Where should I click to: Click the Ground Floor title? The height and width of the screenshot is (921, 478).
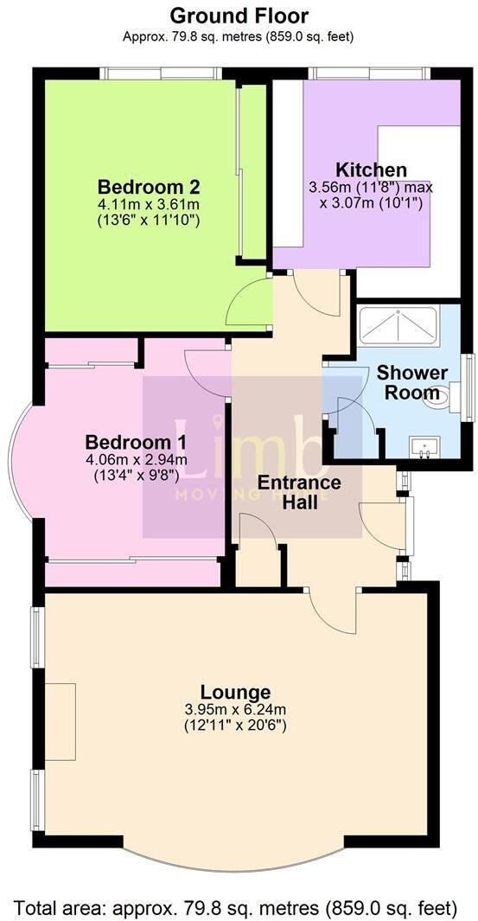239,15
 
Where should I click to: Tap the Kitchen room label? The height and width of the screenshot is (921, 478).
372,169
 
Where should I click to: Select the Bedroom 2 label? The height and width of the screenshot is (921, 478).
149,187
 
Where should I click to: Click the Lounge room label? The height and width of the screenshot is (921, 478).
235,692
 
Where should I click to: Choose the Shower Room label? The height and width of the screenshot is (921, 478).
411,381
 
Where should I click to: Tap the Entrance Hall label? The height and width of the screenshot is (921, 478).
299,491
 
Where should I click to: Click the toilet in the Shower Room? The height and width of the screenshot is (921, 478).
437,397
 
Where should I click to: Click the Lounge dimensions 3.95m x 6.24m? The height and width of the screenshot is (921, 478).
235,709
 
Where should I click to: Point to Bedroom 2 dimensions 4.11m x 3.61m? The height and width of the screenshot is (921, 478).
149,204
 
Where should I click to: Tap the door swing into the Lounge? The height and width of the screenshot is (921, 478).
329,610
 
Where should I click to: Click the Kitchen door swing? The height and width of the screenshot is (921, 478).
316,294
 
